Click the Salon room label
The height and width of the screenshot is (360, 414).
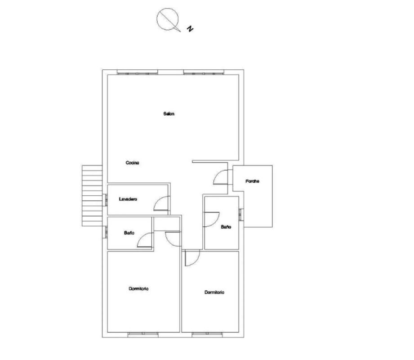point(169,114)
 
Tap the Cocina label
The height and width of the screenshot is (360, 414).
point(132,162)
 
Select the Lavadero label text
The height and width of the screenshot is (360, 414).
point(128,199)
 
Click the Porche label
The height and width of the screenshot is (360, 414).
point(253,181)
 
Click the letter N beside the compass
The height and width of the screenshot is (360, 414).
point(190,28)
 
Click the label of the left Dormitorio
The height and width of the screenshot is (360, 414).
point(138,288)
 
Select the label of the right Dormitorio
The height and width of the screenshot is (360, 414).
point(214,292)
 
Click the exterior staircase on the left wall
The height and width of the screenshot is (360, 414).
point(92,196)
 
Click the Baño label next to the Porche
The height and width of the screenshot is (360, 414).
point(226,227)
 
